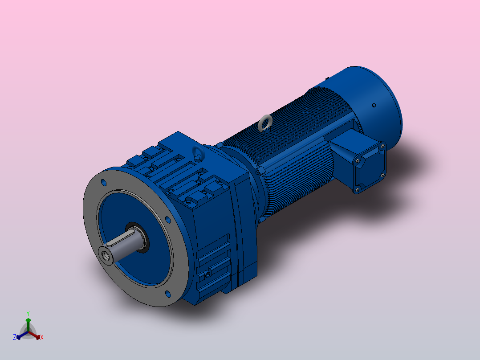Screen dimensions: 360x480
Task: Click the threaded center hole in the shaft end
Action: (x=106, y=255)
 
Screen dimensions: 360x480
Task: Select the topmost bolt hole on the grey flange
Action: (x=104, y=183)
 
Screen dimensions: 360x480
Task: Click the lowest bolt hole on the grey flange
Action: (x=168, y=294)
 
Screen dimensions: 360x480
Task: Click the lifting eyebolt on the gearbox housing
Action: (x=197, y=154)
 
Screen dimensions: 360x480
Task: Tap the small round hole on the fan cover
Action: (x=374, y=105)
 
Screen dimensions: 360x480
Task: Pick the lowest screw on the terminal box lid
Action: (x=357, y=190)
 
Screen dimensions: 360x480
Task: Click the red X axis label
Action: (x=42, y=338)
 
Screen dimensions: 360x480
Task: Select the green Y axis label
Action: (x=28, y=313)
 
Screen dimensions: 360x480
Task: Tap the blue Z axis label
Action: (x=15, y=337)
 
